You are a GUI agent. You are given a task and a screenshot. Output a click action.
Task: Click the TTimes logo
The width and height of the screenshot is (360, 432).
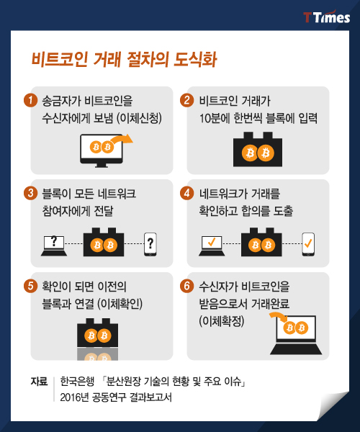click(326, 17)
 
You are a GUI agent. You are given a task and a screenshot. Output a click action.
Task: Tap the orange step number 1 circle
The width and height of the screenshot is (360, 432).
click(30, 100)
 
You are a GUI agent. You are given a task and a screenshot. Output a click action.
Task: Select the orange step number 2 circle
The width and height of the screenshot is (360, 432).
click(186, 100)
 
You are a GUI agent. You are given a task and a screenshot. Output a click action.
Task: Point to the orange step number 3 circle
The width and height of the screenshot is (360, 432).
click(30, 193)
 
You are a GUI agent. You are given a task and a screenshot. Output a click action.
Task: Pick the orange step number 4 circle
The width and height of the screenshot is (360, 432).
click(186, 193)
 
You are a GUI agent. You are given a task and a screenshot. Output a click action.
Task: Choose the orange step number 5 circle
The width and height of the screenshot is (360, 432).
click(30, 286)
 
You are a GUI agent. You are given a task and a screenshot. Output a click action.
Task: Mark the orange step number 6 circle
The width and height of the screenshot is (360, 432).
click(186, 286)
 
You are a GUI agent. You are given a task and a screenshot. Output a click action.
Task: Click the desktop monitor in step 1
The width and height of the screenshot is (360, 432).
click(102, 150)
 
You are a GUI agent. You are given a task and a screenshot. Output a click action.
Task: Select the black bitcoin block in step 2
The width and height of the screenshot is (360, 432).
click(258, 149)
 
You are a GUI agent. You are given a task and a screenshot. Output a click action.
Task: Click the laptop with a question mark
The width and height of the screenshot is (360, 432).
click(54, 246)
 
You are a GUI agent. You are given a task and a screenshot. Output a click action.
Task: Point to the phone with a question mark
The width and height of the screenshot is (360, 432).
click(150, 244)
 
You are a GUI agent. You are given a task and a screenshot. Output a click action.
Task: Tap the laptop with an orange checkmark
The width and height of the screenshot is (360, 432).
click(212, 246)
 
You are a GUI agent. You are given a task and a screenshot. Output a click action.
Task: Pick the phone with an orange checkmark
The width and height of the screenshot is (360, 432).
click(308, 244)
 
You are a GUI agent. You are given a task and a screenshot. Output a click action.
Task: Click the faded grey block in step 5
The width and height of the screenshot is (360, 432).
click(97, 354)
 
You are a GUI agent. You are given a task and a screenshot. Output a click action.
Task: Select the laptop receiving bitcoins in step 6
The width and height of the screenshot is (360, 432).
click(296, 335)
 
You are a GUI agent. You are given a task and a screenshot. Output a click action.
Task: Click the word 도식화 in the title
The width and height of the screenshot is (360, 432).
click(195, 60)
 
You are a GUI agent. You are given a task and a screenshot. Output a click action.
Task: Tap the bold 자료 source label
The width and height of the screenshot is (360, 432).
click(39, 382)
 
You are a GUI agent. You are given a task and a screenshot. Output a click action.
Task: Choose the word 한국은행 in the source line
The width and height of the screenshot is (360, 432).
click(77, 382)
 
